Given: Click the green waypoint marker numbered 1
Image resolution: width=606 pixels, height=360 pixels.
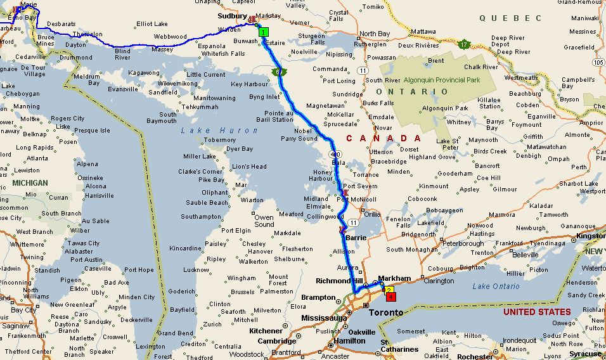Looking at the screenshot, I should (264, 32).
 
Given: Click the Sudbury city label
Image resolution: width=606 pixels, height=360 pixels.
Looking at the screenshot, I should (231, 16).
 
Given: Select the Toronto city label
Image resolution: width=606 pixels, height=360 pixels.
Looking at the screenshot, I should (385, 313).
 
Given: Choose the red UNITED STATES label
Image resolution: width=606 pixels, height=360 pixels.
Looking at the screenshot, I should (536, 312).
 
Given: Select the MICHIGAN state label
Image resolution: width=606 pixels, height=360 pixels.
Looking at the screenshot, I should (29, 183).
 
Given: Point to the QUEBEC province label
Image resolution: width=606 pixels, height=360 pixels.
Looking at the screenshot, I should (510, 18).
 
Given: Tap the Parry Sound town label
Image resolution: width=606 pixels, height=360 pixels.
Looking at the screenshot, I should (299, 139).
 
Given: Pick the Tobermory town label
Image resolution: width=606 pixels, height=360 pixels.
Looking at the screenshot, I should (221, 139).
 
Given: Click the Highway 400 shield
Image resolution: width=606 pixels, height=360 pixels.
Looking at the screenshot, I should (333, 154).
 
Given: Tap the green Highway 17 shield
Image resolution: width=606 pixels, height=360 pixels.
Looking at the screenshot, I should (465, 44).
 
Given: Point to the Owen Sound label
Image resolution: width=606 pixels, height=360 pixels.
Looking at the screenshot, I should (264, 221).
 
